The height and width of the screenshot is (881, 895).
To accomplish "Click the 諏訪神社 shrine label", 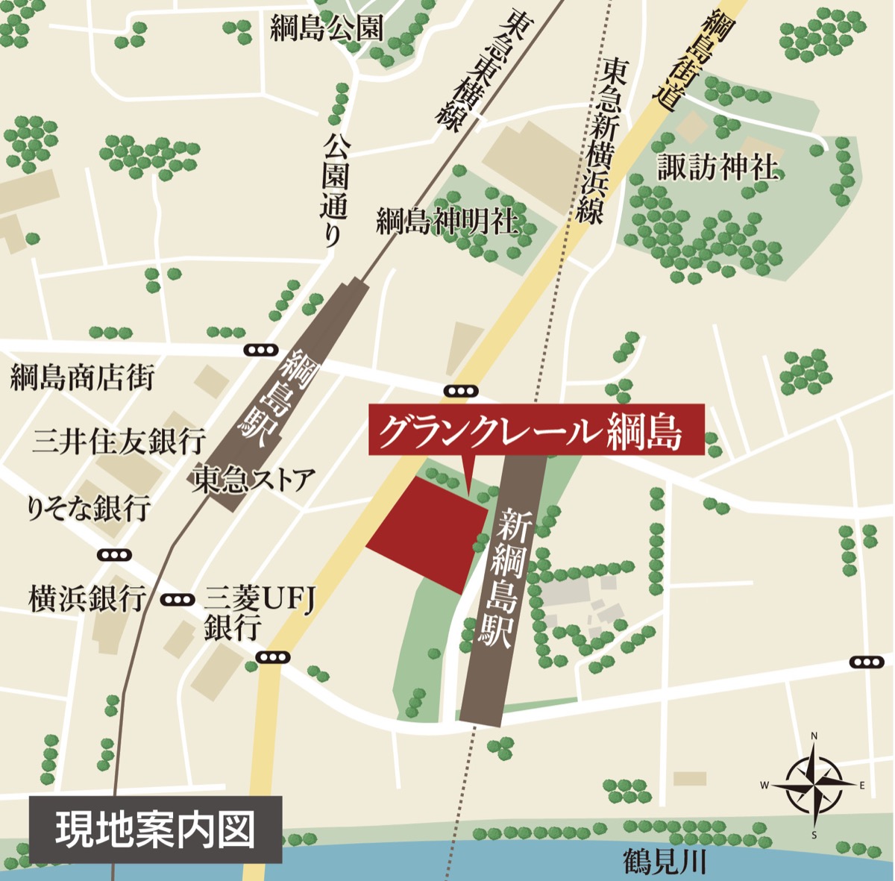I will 717,167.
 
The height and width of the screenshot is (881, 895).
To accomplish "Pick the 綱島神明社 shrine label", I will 447,222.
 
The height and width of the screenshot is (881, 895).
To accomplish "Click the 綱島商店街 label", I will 82,377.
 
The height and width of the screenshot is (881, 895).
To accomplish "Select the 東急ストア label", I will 254,480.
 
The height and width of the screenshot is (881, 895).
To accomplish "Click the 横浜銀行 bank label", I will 88,598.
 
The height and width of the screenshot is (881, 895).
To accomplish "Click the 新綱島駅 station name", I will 510,579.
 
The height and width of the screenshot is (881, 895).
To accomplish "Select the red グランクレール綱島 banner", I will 536,431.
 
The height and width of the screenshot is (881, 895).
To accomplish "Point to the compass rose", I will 814,785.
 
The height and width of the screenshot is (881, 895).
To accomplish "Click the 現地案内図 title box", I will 155,829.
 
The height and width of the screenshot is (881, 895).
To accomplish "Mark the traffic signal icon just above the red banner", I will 460,390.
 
